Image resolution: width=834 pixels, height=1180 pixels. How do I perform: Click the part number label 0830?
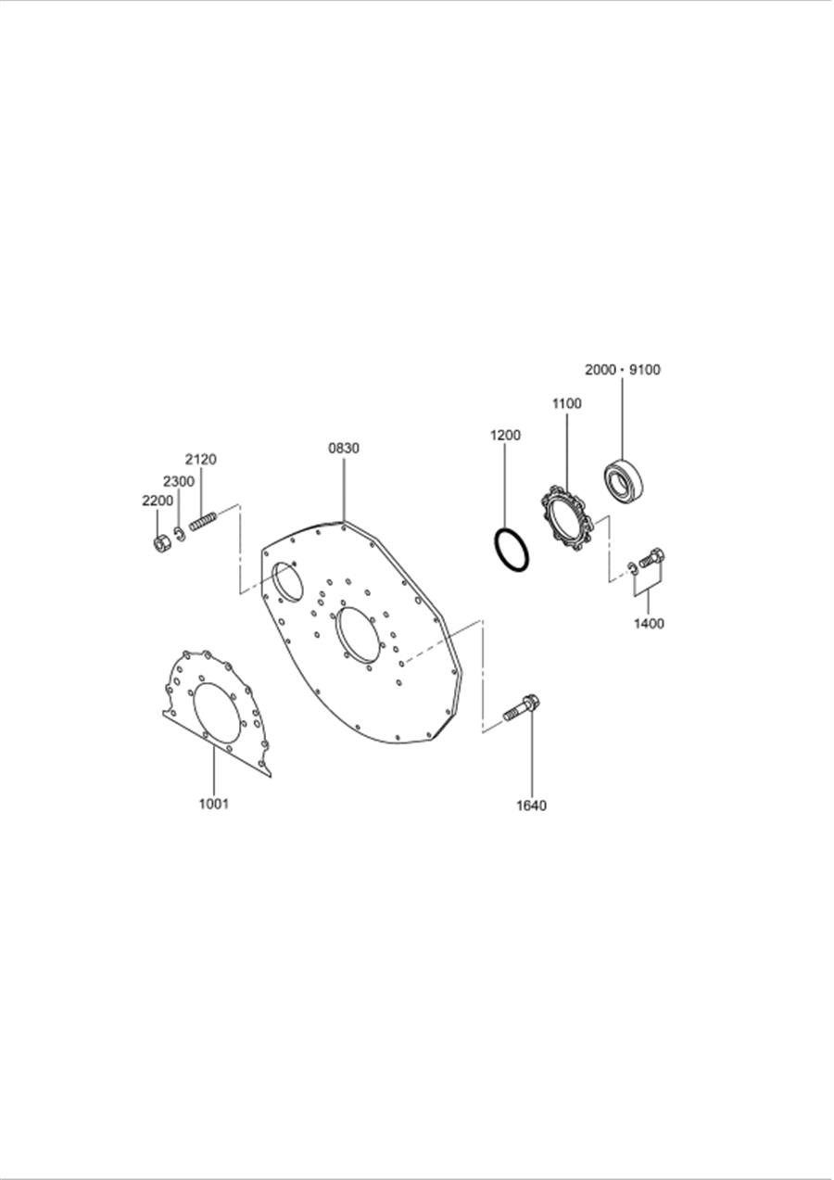pos(344,449)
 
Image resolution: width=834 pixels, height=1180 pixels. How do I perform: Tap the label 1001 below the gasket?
pos(214,804)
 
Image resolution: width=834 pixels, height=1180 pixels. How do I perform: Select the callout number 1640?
pos(531,806)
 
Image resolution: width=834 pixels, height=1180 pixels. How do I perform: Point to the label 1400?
pos(649,624)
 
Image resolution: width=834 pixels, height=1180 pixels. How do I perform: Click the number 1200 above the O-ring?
pos(505,435)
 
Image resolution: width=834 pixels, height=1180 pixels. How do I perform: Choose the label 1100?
pos(566,403)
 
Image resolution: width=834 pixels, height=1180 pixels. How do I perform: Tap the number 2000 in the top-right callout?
pos(600,370)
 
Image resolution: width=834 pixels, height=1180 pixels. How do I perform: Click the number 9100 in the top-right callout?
pos(645,370)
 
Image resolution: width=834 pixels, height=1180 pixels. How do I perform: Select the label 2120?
pos(200,460)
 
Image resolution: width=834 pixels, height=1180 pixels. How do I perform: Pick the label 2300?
pos(179,481)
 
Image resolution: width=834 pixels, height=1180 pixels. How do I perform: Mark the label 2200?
pos(158,501)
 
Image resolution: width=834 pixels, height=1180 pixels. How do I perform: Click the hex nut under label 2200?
pos(159,543)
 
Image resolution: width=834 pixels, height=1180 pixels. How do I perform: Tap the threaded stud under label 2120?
pos(203,522)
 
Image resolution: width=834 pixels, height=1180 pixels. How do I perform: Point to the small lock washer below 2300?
pos(180,533)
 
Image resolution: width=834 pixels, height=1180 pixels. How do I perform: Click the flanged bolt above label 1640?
pos(522,708)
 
